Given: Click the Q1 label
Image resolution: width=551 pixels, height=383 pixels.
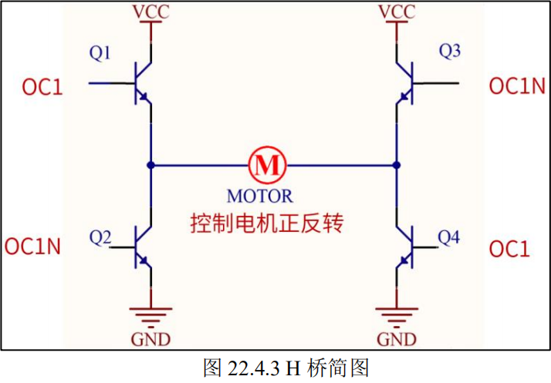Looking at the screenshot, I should [x=100, y=53].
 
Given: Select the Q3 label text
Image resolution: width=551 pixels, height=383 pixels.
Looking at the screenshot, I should [x=450, y=52].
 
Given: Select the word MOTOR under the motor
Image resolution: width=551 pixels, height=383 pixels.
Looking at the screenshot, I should [x=260, y=196].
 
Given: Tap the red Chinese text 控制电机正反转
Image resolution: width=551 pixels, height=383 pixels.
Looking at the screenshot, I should [x=267, y=224].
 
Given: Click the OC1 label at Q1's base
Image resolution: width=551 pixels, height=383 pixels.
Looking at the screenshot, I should [x=42, y=87].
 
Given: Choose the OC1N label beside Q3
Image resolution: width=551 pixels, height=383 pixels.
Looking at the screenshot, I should [x=517, y=86].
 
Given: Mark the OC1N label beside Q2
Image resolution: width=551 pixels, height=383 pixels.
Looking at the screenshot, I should [x=33, y=247].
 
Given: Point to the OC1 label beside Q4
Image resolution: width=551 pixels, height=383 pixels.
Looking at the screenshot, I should [x=510, y=249].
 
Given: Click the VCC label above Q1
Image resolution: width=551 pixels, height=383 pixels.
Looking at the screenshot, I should [x=151, y=12].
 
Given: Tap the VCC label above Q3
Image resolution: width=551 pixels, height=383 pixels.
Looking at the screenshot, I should [x=397, y=12].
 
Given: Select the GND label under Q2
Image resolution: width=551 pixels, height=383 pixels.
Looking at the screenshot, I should [x=151, y=339].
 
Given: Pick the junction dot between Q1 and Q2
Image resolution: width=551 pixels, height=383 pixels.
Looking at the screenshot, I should [x=151, y=164].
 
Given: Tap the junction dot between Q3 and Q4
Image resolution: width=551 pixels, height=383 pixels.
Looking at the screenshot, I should [x=397, y=164].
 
